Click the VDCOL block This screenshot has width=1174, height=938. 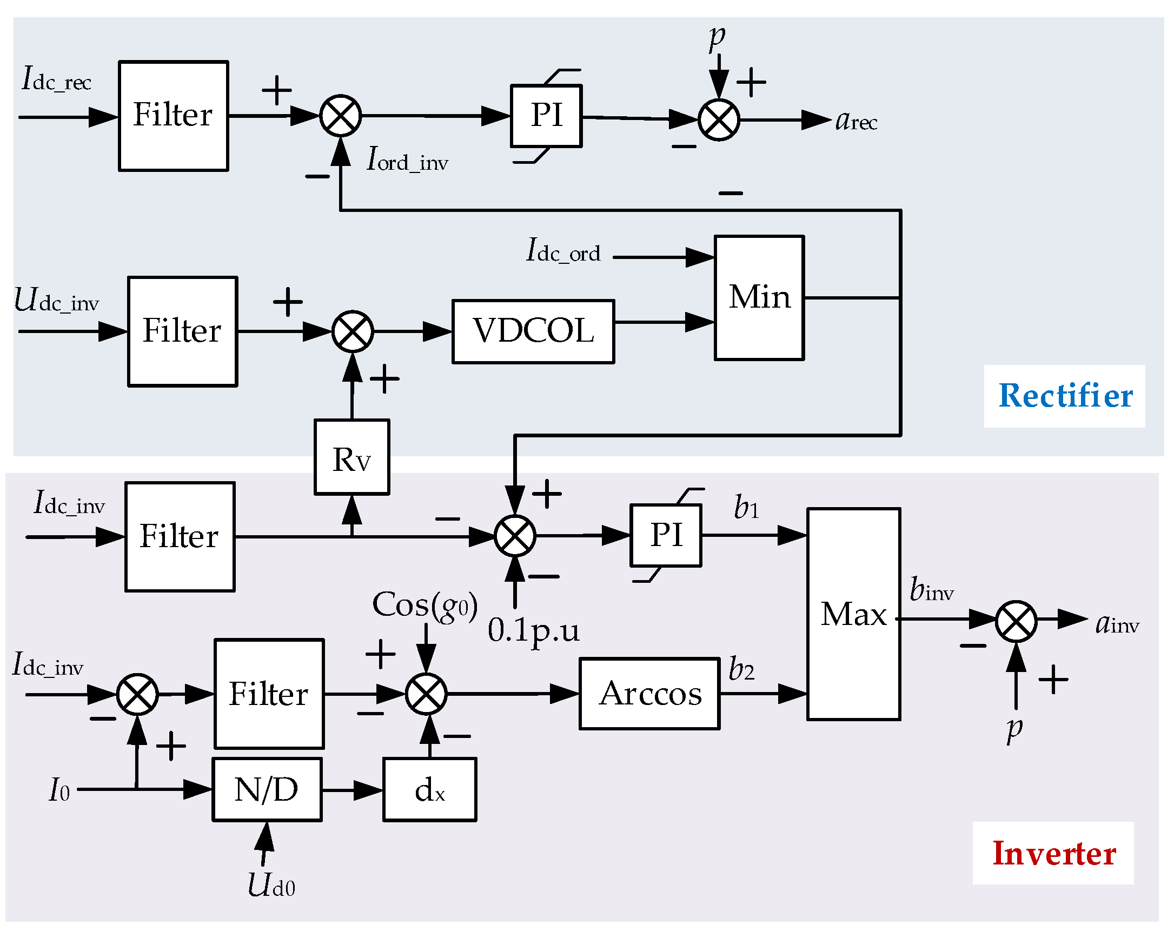pyautogui.click(x=533, y=331)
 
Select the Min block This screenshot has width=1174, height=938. pyautogui.click(x=759, y=298)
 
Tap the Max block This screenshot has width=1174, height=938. pyautogui.click(x=853, y=614)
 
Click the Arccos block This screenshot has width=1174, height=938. pyautogui.click(x=649, y=694)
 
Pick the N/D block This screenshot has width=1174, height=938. pyautogui.click(x=267, y=789)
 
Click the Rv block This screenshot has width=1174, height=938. pyautogui.click(x=351, y=457)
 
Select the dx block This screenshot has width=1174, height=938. pyautogui.click(x=429, y=789)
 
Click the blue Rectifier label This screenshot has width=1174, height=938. pyautogui.click(x=1065, y=396)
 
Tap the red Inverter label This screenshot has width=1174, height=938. pyautogui.click(x=1053, y=853)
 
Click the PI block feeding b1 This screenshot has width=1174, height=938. pyautogui.click(x=666, y=536)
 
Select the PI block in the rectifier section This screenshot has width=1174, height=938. pyautogui.click(x=546, y=116)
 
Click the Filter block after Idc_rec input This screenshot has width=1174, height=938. pyautogui.click(x=173, y=116)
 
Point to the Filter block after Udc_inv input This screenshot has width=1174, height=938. pyautogui.click(x=182, y=331)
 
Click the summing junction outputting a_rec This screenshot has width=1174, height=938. pyautogui.click(x=719, y=120)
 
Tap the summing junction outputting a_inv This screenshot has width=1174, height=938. pyautogui.click(x=1016, y=621)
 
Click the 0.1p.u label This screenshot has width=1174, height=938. pyautogui.click(x=533, y=630)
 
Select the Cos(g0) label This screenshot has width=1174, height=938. pyautogui.click(x=425, y=605)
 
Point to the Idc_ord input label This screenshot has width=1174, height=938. pyautogui.click(x=563, y=251)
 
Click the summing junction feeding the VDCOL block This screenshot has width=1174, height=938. pyautogui.click(x=353, y=331)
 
